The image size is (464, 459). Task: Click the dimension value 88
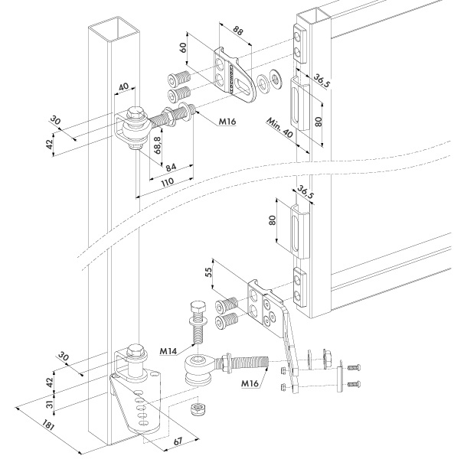coord(237,31)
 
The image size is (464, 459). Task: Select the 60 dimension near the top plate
coord(183,47)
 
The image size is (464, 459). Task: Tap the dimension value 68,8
coord(158,145)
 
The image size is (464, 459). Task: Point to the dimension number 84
coord(171,168)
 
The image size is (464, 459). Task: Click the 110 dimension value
coord(168,181)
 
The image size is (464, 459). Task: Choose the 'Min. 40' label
coord(279,128)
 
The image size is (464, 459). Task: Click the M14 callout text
coord(168,351)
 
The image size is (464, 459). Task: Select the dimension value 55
coord(208,272)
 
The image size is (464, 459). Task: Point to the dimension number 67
coord(178,441)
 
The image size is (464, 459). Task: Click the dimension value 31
coord(51,403)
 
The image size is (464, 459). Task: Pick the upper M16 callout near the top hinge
coord(227,122)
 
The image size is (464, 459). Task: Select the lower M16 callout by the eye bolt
coord(250,383)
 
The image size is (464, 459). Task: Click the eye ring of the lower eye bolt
coord(197,363)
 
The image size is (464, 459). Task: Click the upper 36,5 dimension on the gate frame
coord(321,80)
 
